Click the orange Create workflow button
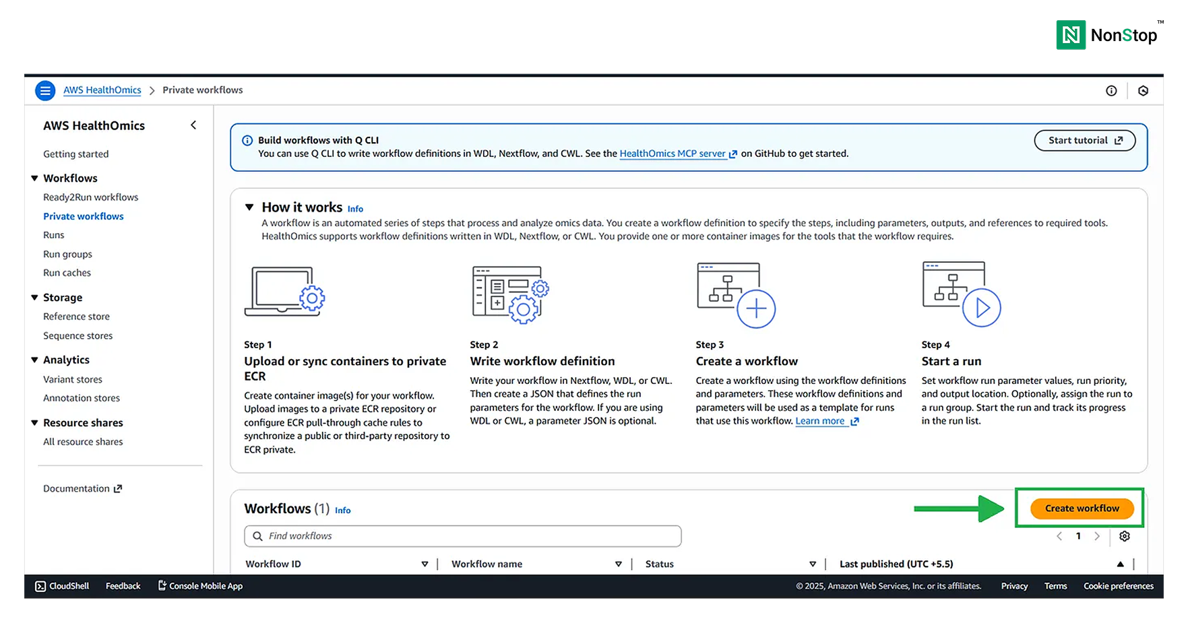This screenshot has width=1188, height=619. [1082, 509]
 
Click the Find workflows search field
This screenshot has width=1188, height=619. [462, 536]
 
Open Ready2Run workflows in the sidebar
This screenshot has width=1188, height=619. [90, 197]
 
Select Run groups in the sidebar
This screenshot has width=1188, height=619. [67, 254]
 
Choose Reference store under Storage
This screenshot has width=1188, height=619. [76, 317]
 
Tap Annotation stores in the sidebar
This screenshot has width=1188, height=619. [82, 398]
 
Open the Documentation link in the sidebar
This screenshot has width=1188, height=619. [82, 488]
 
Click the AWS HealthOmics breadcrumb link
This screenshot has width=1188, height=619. [102, 90]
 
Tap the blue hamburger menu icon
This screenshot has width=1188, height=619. [45, 90]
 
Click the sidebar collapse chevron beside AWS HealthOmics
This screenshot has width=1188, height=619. [193, 125]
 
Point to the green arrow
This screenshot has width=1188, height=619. [959, 509]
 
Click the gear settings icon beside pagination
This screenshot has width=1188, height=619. [1125, 536]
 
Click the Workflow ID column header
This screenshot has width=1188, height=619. [273, 564]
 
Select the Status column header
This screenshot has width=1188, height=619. [659, 564]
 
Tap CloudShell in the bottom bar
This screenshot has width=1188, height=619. [62, 586]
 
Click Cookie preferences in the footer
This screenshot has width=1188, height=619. [1119, 586]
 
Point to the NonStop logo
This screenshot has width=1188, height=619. [1107, 35]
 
